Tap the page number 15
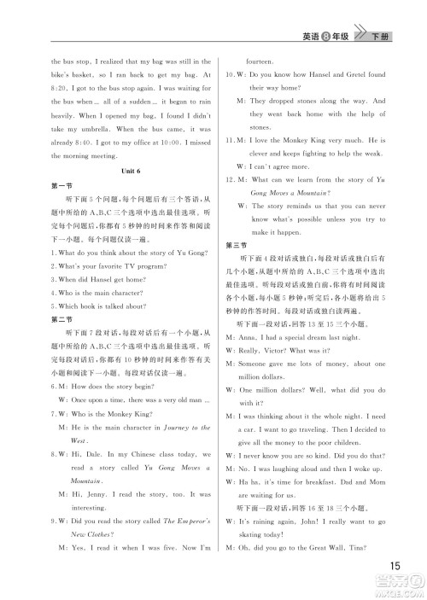(394, 565)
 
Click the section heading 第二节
(61, 318)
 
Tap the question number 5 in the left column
(54, 305)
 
